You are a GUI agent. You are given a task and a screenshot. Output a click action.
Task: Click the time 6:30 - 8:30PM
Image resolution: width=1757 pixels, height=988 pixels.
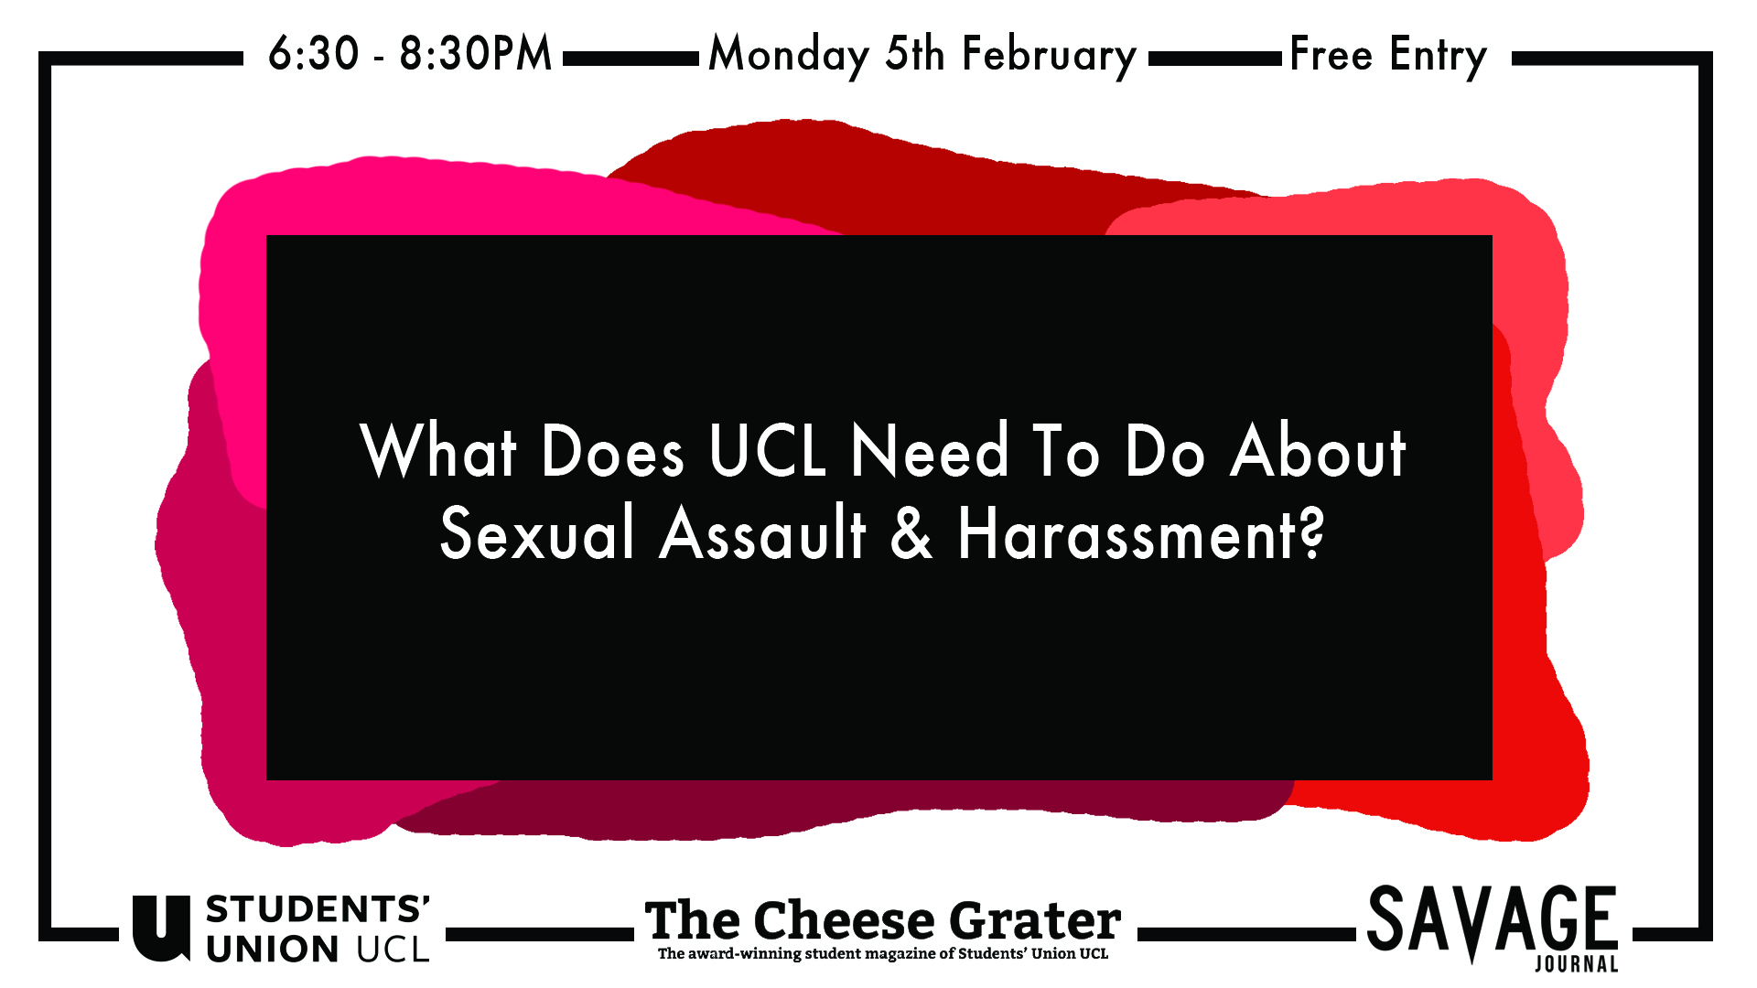click(410, 53)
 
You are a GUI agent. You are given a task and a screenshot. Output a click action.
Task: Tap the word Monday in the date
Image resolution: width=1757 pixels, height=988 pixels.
click(789, 56)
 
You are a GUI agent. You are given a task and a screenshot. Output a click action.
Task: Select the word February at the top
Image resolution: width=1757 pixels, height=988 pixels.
click(1049, 56)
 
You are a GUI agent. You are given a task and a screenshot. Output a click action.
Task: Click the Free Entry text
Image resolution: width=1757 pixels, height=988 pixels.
click(1388, 56)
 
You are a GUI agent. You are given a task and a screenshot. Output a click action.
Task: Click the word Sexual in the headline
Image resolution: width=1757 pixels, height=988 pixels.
click(537, 532)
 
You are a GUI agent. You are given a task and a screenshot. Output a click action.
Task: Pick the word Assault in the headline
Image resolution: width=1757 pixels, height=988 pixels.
click(762, 532)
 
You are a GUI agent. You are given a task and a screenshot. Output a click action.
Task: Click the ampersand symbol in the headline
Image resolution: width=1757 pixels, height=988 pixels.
click(911, 533)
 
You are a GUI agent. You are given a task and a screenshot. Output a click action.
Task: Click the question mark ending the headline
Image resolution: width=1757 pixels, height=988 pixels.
click(1311, 532)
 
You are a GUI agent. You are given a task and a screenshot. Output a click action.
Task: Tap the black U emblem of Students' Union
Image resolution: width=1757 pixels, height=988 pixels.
click(161, 928)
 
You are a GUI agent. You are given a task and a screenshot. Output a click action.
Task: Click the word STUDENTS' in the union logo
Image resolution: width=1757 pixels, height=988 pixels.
click(318, 909)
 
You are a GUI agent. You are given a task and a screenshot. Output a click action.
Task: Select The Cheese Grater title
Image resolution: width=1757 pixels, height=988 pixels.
click(883, 919)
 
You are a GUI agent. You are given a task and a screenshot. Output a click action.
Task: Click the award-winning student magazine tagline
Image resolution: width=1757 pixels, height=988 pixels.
click(883, 953)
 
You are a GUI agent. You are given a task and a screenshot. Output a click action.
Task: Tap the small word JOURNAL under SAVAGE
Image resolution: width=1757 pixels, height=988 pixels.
click(1577, 963)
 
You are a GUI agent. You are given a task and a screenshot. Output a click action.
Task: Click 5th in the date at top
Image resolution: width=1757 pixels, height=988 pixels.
click(915, 54)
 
